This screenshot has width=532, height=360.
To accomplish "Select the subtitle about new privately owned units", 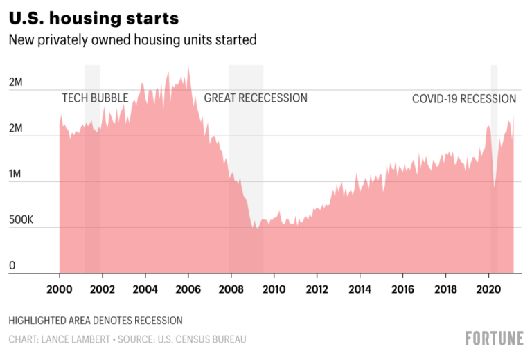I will pos(132,39).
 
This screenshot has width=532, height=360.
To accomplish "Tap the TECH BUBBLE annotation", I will pos(95,98).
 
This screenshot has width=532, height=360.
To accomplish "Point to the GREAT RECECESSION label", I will pos(255,98).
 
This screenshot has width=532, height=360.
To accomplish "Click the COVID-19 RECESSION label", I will pos(464,98).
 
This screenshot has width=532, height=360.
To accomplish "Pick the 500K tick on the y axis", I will pos(21,219).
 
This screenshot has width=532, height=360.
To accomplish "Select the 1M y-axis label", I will pos(16,174).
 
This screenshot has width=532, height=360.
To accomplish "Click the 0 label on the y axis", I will pos(12,265).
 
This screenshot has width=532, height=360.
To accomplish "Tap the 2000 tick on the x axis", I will pos(60,289).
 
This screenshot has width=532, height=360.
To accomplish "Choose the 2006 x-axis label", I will pos(188,289).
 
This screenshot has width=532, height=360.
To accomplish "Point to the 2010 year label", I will pos(274,289).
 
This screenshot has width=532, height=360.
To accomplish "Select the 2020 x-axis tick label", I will pos(489,289).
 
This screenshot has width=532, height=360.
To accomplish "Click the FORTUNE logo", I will pos(494,339).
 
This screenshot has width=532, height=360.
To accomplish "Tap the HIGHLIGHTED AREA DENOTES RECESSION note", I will pos(96,321).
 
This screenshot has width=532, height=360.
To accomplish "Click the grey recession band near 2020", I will pos(494,76).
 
